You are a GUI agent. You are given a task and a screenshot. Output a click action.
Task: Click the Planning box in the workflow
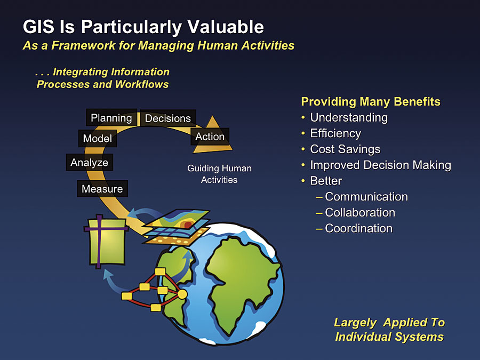tap(111, 117)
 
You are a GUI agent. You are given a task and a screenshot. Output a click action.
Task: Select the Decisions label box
tap(168, 118)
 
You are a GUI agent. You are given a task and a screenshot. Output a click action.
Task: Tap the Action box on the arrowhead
tap(210, 137)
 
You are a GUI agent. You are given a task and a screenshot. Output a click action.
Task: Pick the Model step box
tap(98, 138)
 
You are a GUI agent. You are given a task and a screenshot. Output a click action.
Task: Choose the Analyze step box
tap(90, 162)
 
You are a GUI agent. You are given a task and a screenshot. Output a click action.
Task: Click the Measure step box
tap(102, 189)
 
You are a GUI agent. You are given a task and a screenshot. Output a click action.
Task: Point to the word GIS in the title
tap(38, 27)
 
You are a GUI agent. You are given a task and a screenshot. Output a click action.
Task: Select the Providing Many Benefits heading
tap(371, 102)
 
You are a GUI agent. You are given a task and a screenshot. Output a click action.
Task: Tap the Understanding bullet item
tap(349, 117)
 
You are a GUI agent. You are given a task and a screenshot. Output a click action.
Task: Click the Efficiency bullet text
tap(335, 133)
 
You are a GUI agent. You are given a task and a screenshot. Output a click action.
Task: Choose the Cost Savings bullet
tap(345, 149)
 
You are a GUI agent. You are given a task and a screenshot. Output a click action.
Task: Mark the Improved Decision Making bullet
tap(380, 165)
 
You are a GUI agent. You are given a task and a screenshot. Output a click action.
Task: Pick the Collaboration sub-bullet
tap(360, 212)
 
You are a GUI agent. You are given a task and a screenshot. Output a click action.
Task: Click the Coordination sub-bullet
tap(359, 228)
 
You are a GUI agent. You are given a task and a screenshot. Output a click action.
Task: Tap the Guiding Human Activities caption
tap(219, 174)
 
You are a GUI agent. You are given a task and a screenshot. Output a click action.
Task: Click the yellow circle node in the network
tap(182, 294)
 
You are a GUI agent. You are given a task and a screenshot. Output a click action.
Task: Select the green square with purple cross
tap(106, 241)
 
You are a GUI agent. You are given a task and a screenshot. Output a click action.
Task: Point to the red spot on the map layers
tap(188, 225)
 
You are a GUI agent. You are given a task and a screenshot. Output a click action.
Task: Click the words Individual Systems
tap(389, 337)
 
